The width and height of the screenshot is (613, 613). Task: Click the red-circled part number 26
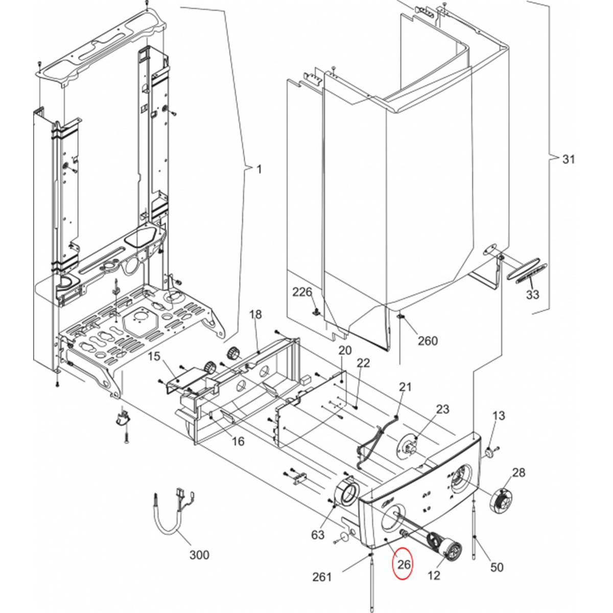pos(404,564)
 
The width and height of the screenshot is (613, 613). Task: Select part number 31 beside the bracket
pos(569,159)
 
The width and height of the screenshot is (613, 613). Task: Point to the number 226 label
pos(302,292)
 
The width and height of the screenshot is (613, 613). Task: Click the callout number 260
pos(428,341)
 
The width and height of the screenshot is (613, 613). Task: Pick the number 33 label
pos(532,295)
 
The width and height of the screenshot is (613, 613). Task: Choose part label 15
pos(154,356)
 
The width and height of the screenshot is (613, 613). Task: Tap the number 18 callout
pos(255,315)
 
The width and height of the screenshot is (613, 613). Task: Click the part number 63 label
pos(317,535)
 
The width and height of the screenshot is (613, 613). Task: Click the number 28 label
pos(518,473)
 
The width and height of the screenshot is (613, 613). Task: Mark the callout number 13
pos(499,415)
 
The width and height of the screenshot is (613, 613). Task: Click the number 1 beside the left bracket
pos(260,169)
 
